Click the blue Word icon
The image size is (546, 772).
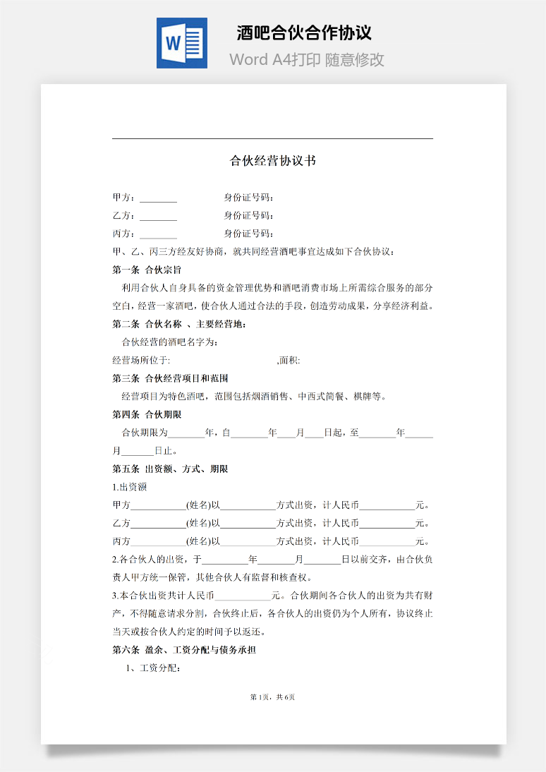point(182,43)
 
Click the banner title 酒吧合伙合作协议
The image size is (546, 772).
point(304,32)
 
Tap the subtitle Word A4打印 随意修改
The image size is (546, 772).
point(307,59)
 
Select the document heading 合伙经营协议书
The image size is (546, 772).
point(273,161)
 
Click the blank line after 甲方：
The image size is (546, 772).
point(159,198)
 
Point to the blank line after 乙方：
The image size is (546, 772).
point(159,216)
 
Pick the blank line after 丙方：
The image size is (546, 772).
point(159,234)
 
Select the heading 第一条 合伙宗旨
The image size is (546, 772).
point(147,270)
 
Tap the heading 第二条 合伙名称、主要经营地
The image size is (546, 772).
point(179,325)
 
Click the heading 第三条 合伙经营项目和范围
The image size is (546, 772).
point(170,379)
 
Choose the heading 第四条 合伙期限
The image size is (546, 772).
point(147,415)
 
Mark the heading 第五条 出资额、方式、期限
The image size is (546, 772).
point(170,469)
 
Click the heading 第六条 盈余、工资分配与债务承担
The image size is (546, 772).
point(184,650)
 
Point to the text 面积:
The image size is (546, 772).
point(289,361)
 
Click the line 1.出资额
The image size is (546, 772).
point(130,488)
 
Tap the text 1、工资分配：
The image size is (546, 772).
point(152,668)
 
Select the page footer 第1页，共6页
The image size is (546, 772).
point(273,697)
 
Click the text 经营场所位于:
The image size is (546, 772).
point(141,361)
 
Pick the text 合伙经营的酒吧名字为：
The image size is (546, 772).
point(170,342)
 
